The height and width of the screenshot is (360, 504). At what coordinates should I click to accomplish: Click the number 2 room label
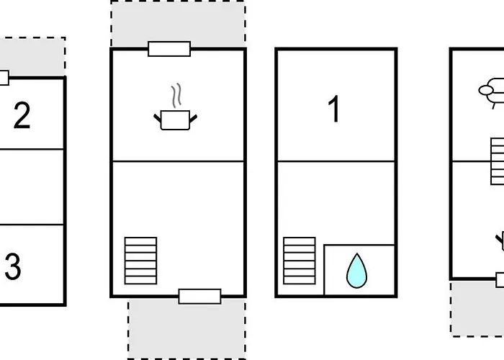point(22,115)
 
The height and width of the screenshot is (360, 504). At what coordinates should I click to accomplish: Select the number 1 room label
point(334,109)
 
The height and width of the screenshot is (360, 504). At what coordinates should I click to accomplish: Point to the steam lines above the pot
point(176,96)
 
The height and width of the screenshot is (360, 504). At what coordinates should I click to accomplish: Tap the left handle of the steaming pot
point(157,118)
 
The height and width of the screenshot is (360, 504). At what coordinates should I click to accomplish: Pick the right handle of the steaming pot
point(193,119)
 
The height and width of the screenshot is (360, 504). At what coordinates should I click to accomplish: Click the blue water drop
point(357,271)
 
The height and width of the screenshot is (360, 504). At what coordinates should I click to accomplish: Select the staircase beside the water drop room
point(300,261)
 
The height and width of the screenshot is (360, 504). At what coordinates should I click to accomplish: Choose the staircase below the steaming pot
point(141,261)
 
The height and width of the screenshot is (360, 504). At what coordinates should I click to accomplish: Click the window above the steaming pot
point(169,49)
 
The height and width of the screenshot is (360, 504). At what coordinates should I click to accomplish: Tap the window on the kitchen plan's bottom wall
point(200,297)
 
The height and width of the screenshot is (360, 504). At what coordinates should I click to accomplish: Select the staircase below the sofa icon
point(498,161)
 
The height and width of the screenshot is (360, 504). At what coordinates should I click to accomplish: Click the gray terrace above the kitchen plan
point(179,23)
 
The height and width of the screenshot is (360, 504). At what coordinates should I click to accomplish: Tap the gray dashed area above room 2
point(32,56)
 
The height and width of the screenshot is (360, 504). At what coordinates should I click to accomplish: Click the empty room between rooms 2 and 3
point(32,187)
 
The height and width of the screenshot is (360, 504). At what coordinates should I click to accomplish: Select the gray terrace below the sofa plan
point(477,309)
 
